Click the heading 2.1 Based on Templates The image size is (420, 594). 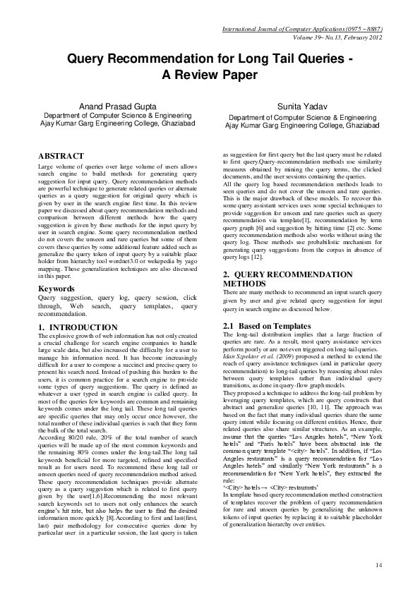267,326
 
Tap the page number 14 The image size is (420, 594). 379,565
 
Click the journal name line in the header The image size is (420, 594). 302,30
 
